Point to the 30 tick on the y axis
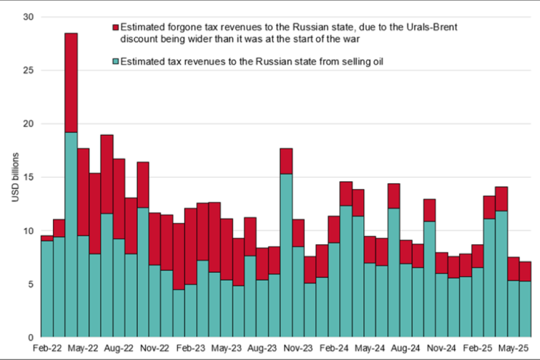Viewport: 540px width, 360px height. (28, 17)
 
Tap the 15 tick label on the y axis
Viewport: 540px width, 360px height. (28, 178)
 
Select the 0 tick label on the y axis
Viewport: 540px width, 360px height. (30, 337)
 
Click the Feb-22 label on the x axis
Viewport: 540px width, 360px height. (47, 348)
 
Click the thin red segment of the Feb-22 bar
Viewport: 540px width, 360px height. (47, 238)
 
